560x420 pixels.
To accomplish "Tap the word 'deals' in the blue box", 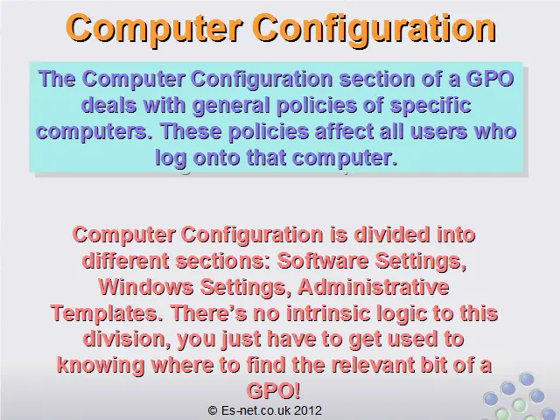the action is pos(109,105).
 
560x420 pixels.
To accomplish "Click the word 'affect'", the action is pos(344,131).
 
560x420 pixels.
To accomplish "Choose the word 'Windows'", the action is pos(146,287).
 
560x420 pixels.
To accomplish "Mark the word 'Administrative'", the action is pos(374,287).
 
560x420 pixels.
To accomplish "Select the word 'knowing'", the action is pos(101,366).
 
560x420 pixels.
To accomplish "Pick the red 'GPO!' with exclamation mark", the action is pos(273,391).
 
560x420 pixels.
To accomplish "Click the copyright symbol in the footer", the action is pos(213,410).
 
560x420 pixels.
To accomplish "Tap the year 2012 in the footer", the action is pos(309,410).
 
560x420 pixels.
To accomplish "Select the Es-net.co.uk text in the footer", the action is pos(256,410).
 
